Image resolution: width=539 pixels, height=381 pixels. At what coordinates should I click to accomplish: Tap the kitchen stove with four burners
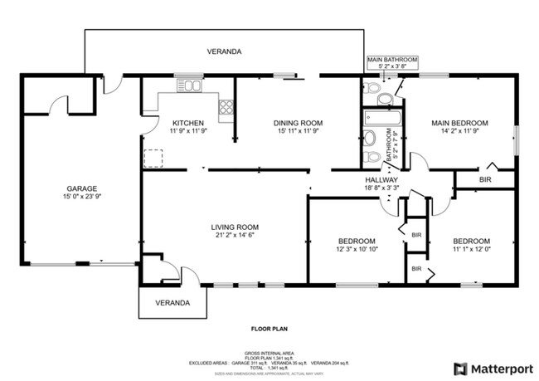pos(226,106)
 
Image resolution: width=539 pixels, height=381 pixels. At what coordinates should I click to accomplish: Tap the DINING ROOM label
pos(297,123)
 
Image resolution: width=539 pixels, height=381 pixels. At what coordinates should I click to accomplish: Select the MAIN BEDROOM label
pos(459,123)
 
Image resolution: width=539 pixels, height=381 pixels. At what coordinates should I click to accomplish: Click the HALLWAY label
pos(381,180)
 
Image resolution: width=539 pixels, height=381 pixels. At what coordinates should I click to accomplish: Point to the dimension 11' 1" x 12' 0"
pos(471,249)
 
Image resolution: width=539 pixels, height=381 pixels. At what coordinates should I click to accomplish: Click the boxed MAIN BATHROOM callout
pos(393,61)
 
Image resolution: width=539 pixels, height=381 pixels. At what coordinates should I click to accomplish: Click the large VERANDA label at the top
pos(224,51)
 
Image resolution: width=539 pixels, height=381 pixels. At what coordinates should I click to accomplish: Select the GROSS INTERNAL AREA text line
pos(269,352)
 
